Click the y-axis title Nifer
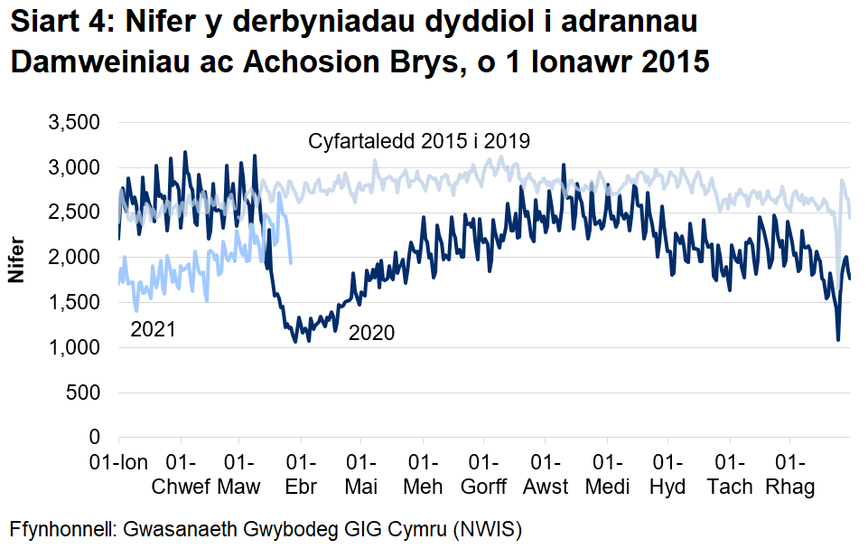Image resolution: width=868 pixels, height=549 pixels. [x=16, y=260]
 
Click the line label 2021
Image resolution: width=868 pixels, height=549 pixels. [x=153, y=329]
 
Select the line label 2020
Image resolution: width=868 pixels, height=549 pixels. [x=371, y=334]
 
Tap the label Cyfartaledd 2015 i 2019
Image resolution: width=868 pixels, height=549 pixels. [x=419, y=142]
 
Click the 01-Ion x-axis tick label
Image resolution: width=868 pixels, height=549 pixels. [x=118, y=463]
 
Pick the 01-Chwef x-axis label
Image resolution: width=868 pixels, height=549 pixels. [x=182, y=475]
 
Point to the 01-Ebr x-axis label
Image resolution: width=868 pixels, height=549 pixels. [x=301, y=475]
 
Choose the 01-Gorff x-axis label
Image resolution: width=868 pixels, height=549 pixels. [x=484, y=475]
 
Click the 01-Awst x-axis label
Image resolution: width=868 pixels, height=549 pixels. [x=546, y=475]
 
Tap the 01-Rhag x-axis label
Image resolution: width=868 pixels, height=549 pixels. [x=790, y=475]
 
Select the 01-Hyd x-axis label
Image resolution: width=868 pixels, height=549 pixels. [x=667, y=475]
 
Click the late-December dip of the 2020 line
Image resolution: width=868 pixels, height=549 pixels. [x=838, y=339]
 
